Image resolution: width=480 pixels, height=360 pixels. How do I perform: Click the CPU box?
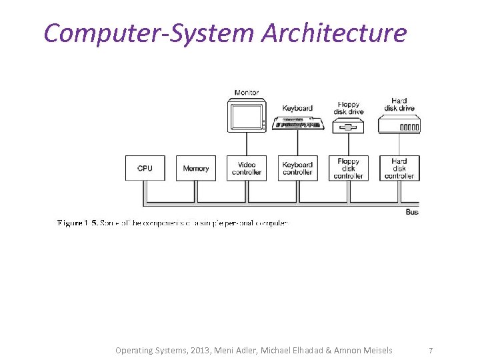[145, 168]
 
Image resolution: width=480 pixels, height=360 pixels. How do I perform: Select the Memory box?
[196, 168]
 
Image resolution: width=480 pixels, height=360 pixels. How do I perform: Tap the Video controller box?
[247, 168]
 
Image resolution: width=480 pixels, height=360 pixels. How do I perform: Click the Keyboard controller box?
[297, 168]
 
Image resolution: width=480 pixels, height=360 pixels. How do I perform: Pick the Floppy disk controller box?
[348, 168]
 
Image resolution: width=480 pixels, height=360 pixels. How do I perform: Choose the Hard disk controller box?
[399, 168]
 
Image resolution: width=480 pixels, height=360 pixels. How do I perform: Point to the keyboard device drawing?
[297, 123]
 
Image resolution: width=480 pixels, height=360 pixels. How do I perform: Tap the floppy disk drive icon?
[348, 125]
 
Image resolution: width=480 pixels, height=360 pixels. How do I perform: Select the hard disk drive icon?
[399, 125]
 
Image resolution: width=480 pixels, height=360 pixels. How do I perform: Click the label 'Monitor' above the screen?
[247, 93]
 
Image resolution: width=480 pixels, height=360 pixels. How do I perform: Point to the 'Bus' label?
[412, 212]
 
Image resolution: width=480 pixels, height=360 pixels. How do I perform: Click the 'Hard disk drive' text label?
[399, 105]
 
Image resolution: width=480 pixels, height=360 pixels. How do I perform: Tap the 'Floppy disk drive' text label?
[348, 108]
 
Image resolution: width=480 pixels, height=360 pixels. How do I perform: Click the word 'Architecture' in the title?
[333, 32]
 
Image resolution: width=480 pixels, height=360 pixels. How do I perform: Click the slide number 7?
[431, 350]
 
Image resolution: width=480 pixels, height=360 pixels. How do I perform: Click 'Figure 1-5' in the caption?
[77, 223]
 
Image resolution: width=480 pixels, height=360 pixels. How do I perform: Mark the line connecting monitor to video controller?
[247, 143]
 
